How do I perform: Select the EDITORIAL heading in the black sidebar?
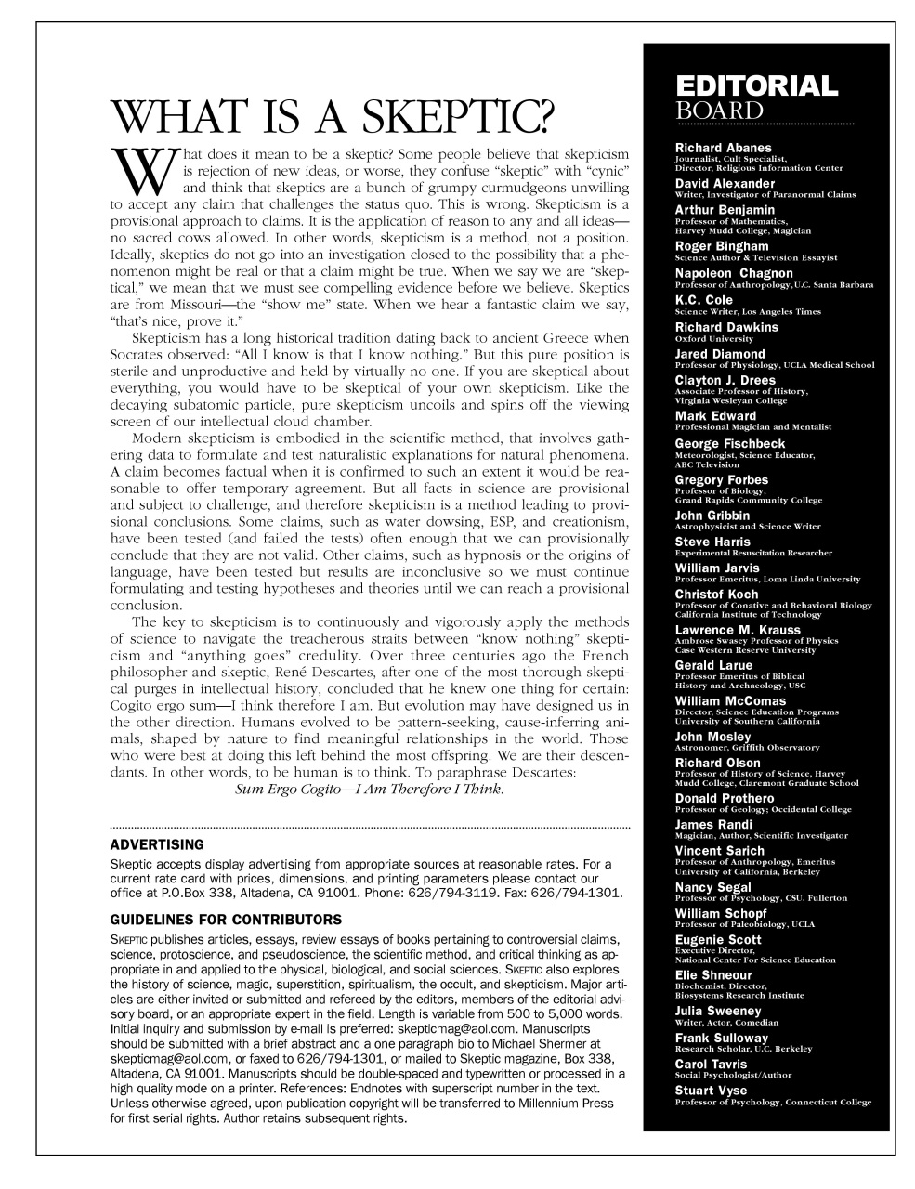pos(756,86)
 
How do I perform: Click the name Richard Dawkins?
pos(726,327)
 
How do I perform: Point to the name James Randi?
pos(713,824)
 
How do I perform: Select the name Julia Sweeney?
pos(717,1011)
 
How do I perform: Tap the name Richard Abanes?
pos(723,148)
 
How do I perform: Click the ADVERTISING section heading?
pos(156,844)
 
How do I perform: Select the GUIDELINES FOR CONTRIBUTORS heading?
pos(226,920)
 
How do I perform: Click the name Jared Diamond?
pos(720,354)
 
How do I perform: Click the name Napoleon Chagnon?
pos(734,273)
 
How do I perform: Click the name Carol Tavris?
pos(712,1064)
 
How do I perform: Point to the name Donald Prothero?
pos(724,798)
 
